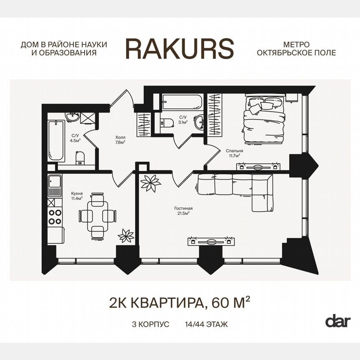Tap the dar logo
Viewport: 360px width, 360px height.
[337, 321]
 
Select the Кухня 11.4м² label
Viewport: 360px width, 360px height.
[77, 196]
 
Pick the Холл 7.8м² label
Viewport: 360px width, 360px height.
[120, 139]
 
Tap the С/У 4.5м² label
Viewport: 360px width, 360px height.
[75, 138]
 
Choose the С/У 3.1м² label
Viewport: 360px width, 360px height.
[183, 120]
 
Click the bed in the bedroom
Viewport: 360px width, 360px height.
[264, 118]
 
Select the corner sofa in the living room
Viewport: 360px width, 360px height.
[237, 187]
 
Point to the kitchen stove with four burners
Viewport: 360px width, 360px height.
[55, 217]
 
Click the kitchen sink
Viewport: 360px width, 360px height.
[55, 182]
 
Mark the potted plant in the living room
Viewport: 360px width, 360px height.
[150, 183]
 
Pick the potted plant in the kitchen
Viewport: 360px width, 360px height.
[125, 236]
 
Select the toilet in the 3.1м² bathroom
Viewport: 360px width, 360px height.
[169, 122]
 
